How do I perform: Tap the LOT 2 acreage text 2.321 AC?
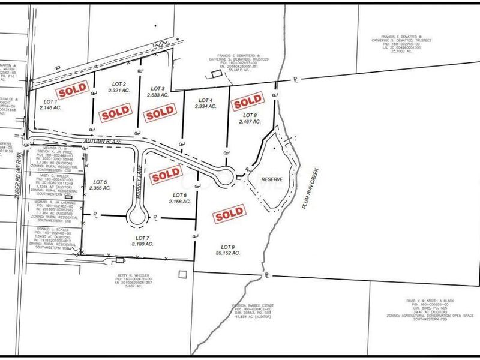click(x=119, y=91)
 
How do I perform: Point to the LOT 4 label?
click(x=206, y=100)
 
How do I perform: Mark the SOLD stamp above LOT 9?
click(x=230, y=213)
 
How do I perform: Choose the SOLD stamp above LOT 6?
click(x=166, y=174)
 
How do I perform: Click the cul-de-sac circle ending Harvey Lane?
click(x=137, y=218)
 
